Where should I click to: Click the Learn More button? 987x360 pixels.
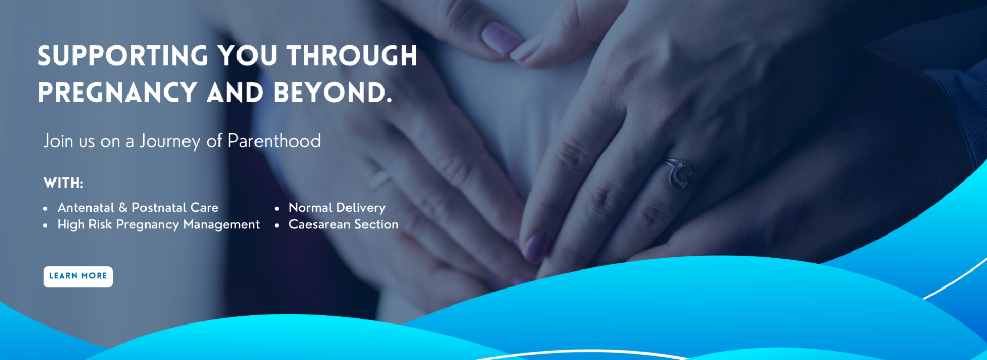[78, 277]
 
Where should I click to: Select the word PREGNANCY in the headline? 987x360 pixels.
[118, 93]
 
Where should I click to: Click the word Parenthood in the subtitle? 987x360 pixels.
[274, 140]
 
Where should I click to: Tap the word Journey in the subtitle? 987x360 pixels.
[170, 141]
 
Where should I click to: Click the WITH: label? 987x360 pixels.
[63, 183]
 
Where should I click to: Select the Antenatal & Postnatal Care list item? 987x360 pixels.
[138, 207]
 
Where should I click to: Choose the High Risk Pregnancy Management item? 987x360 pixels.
[158, 225]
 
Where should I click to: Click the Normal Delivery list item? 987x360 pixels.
[337, 208]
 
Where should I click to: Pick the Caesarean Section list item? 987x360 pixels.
[343, 224]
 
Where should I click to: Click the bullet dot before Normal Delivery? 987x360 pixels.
[277, 209]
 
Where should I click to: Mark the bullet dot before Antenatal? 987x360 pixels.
[46, 209]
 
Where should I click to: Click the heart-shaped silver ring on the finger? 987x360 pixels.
[679, 173]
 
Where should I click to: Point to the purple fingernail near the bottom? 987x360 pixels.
[536, 246]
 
